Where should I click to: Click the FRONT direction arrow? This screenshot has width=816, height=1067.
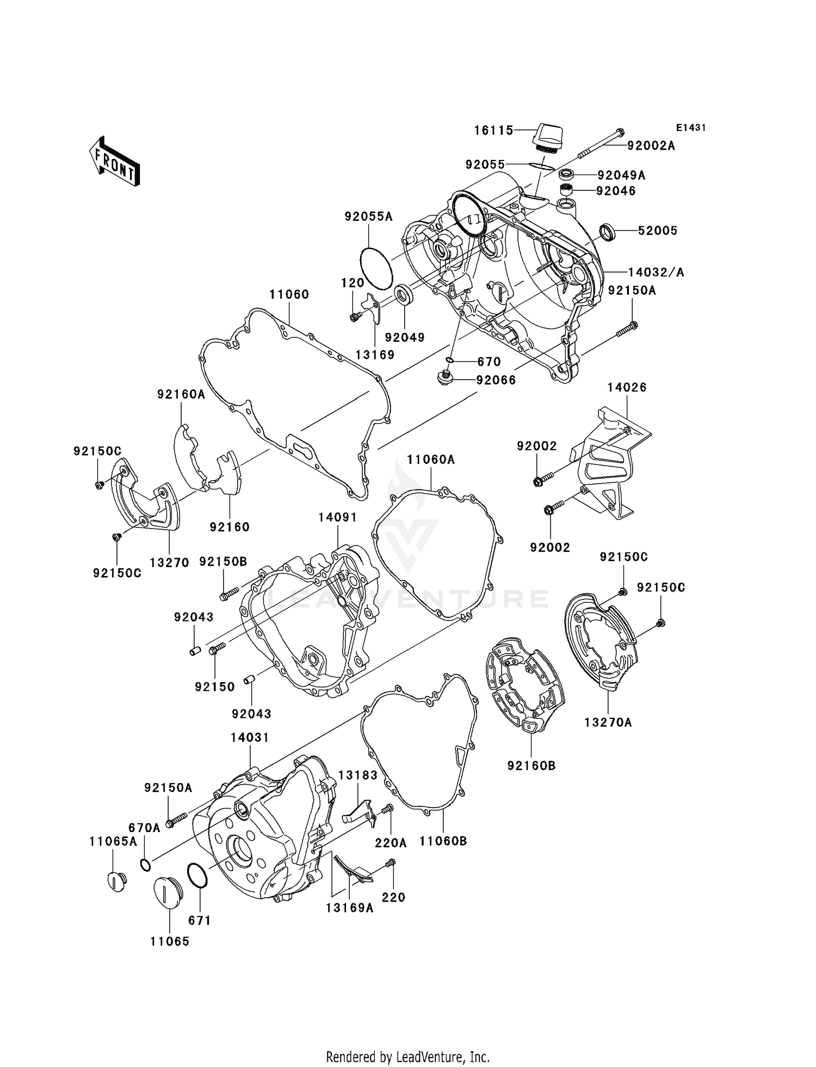tap(115, 162)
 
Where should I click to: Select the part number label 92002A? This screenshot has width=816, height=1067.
tap(651, 146)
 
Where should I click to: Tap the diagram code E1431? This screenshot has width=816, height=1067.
tap(691, 128)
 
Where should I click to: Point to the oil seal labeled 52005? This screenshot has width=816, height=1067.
tap(608, 232)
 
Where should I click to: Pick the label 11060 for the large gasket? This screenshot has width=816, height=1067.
tap(289, 295)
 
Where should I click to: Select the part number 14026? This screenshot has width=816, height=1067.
tap(627, 387)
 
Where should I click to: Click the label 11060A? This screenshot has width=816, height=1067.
tap(431, 460)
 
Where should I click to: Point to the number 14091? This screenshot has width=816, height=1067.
tap(337, 517)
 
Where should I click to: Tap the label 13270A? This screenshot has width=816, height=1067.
tap(608, 723)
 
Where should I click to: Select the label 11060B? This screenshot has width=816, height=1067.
tap(443, 841)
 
